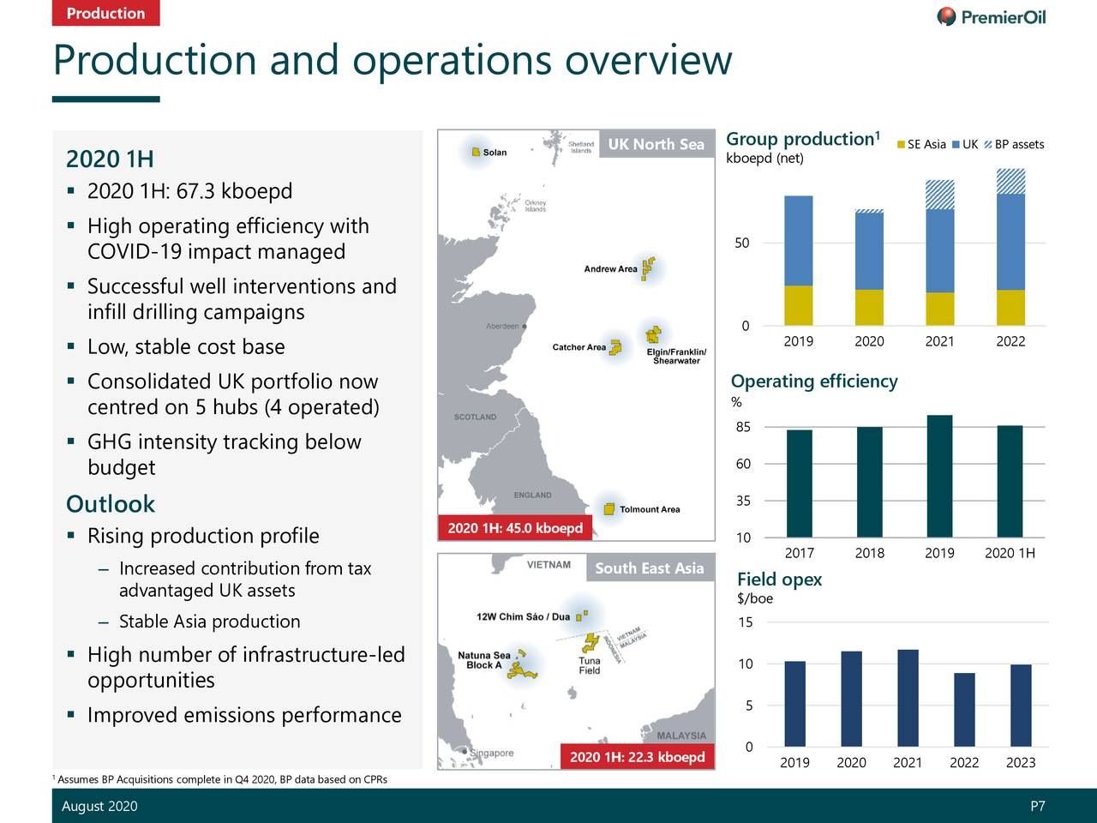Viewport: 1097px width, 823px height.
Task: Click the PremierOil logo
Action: click(x=992, y=16)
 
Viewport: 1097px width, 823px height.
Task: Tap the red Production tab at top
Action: click(x=105, y=13)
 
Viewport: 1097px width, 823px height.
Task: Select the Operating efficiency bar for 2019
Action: click(x=939, y=476)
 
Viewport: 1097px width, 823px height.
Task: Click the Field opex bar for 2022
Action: click(x=964, y=709)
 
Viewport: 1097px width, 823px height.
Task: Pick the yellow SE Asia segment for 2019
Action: click(x=799, y=305)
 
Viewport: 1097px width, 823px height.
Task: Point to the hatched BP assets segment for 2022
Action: click(x=1011, y=181)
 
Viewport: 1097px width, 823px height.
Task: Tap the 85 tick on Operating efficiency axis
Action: click(x=743, y=427)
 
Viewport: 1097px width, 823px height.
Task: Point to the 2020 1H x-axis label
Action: click(x=1010, y=553)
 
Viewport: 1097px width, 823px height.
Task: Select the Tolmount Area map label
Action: click(x=650, y=509)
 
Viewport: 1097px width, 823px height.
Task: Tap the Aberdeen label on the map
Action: click(x=502, y=326)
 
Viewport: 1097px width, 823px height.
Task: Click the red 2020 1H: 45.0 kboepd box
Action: click(x=515, y=528)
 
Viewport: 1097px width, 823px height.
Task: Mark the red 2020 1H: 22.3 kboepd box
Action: click(x=637, y=756)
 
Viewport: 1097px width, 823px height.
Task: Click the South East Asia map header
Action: click(x=649, y=568)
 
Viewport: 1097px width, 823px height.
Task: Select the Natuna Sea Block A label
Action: click(x=484, y=660)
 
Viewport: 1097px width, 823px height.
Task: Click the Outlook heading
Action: click(x=111, y=504)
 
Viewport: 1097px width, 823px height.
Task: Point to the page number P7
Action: click(x=1037, y=806)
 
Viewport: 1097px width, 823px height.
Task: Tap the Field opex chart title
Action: click(x=779, y=580)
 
